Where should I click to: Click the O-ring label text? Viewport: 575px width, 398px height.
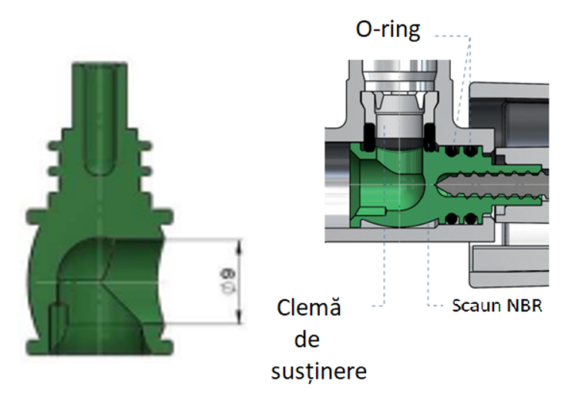387,30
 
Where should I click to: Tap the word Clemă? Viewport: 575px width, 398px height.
308,310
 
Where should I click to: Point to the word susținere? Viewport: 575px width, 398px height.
319,371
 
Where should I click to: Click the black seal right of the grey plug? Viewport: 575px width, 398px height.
430,138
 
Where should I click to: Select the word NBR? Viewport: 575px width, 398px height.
526,305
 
